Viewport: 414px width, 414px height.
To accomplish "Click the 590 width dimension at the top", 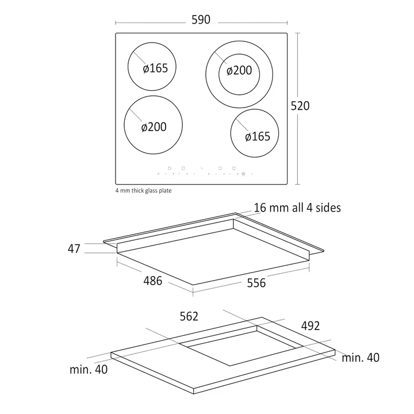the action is tap(201, 20).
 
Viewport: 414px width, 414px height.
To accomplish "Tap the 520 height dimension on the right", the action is tap(300, 106).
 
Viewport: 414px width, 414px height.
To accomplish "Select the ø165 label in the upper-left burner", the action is tap(155, 68).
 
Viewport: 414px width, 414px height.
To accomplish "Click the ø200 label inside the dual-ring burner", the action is tap(239, 70).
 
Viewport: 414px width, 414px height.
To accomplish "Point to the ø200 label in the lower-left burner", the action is tap(154, 127).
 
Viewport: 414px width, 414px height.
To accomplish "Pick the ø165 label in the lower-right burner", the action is tap(258, 136).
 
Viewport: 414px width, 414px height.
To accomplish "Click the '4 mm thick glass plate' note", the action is tap(143, 190).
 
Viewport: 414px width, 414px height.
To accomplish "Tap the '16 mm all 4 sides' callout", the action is tap(297, 208).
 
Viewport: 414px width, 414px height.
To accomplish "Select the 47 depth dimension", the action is tap(74, 249).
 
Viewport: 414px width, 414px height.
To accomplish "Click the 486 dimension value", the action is tap(152, 281).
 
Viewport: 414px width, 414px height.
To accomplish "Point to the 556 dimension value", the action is tap(256, 283).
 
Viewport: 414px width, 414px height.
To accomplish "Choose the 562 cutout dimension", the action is tap(189, 316).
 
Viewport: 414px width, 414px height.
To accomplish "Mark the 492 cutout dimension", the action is tap(310, 326).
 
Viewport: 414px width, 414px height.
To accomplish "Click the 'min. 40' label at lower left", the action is tap(89, 369).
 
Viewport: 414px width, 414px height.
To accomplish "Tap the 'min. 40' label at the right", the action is tap(361, 358).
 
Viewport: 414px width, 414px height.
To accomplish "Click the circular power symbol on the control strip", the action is tap(243, 174).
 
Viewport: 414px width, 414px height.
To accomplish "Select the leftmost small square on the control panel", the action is tap(170, 168).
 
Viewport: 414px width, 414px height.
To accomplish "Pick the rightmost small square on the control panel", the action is tap(233, 168).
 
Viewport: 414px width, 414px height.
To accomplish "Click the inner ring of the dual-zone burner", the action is tap(239, 54).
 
